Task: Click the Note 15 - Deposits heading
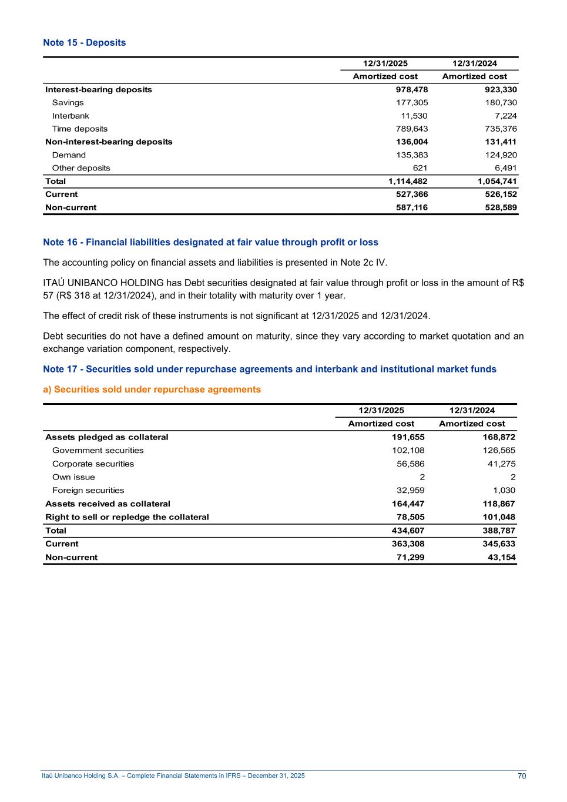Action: pyautogui.click(x=84, y=42)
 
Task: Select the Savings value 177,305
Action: pyautogui.click(x=411, y=103)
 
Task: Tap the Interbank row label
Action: pyautogui.click(x=71, y=116)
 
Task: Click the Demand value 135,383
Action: pyautogui.click(x=411, y=155)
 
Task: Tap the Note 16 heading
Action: pyautogui.click(x=210, y=242)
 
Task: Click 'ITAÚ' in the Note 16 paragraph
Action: pyautogui.click(x=53, y=283)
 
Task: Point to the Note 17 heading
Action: pyautogui.click(x=269, y=369)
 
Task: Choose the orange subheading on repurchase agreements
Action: pyautogui.click(x=152, y=389)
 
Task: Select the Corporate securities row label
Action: pyautogui.click(x=93, y=464)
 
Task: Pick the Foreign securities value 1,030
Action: pyautogui.click(x=504, y=490)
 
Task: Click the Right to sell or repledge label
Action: pyautogui.click(x=127, y=517)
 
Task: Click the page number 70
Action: pyautogui.click(x=522, y=776)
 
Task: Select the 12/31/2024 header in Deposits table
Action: pyautogui.click(x=474, y=63)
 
